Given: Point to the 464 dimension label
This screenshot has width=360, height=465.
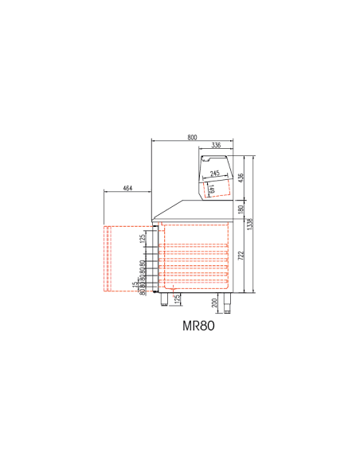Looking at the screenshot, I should tap(128, 189).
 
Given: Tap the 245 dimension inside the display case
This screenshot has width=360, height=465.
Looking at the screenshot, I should tap(215, 174).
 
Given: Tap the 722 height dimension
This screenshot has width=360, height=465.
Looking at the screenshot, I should tap(242, 256).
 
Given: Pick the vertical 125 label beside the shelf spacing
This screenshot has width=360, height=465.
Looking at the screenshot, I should tap(143, 238).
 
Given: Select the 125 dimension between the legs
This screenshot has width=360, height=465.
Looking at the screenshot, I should tap(177, 299).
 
